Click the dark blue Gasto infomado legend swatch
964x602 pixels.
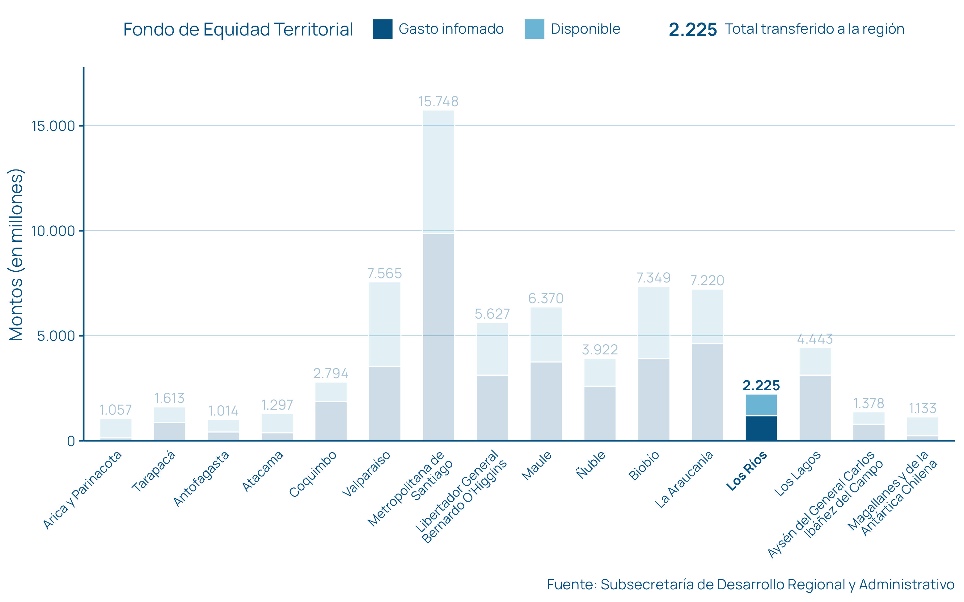pyautogui.click(x=383, y=29)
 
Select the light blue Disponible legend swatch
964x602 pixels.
pyautogui.click(x=534, y=29)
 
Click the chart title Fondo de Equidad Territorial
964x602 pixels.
pyautogui.click(x=238, y=29)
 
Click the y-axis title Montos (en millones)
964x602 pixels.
pyautogui.click(x=16, y=255)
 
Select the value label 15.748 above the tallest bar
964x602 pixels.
pyautogui.click(x=438, y=102)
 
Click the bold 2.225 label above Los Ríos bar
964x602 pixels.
pyautogui.click(x=761, y=385)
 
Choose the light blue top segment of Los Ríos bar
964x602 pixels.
pyautogui.click(x=761, y=405)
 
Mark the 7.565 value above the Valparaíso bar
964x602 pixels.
pyautogui.click(x=384, y=274)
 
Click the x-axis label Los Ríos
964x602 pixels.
pyautogui.click(x=746, y=471)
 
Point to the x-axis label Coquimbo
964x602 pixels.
pyautogui.click(x=313, y=474)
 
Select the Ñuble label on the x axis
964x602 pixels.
pyautogui.click(x=591, y=465)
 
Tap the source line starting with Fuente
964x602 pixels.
pyautogui.click(x=750, y=584)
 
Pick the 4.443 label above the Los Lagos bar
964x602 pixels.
pyautogui.click(x=815, y=339)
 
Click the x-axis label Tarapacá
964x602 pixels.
pyautogui.click(x=154, y=471)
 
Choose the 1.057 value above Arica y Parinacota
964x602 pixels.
pyautogui.click(x=116, y=410)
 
